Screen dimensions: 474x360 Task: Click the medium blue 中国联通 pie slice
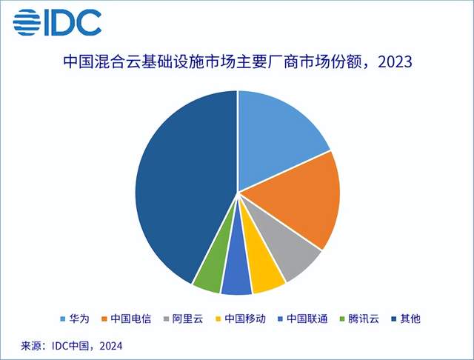tap(236, 272)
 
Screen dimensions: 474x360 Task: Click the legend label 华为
tap(79, 319)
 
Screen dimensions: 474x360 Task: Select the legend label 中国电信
tap(130, 319)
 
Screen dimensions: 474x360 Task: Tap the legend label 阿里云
tap(187, 319)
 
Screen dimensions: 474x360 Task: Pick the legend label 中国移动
tap(245, 319)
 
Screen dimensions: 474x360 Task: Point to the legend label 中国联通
tap(307, 319)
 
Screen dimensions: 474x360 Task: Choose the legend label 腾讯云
tap(364, 319)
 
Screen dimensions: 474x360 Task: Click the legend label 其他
tap(410, 319)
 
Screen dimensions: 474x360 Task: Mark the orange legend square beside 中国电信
tap(104, 319)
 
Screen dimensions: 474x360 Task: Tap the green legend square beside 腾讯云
tap(342, 319)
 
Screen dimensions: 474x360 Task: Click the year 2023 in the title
tap(395, 62)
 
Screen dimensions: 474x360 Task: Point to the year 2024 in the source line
tap(111, 346)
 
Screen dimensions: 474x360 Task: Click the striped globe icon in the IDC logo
tap(27, 22)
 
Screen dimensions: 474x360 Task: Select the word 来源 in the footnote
tap(31, 346)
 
